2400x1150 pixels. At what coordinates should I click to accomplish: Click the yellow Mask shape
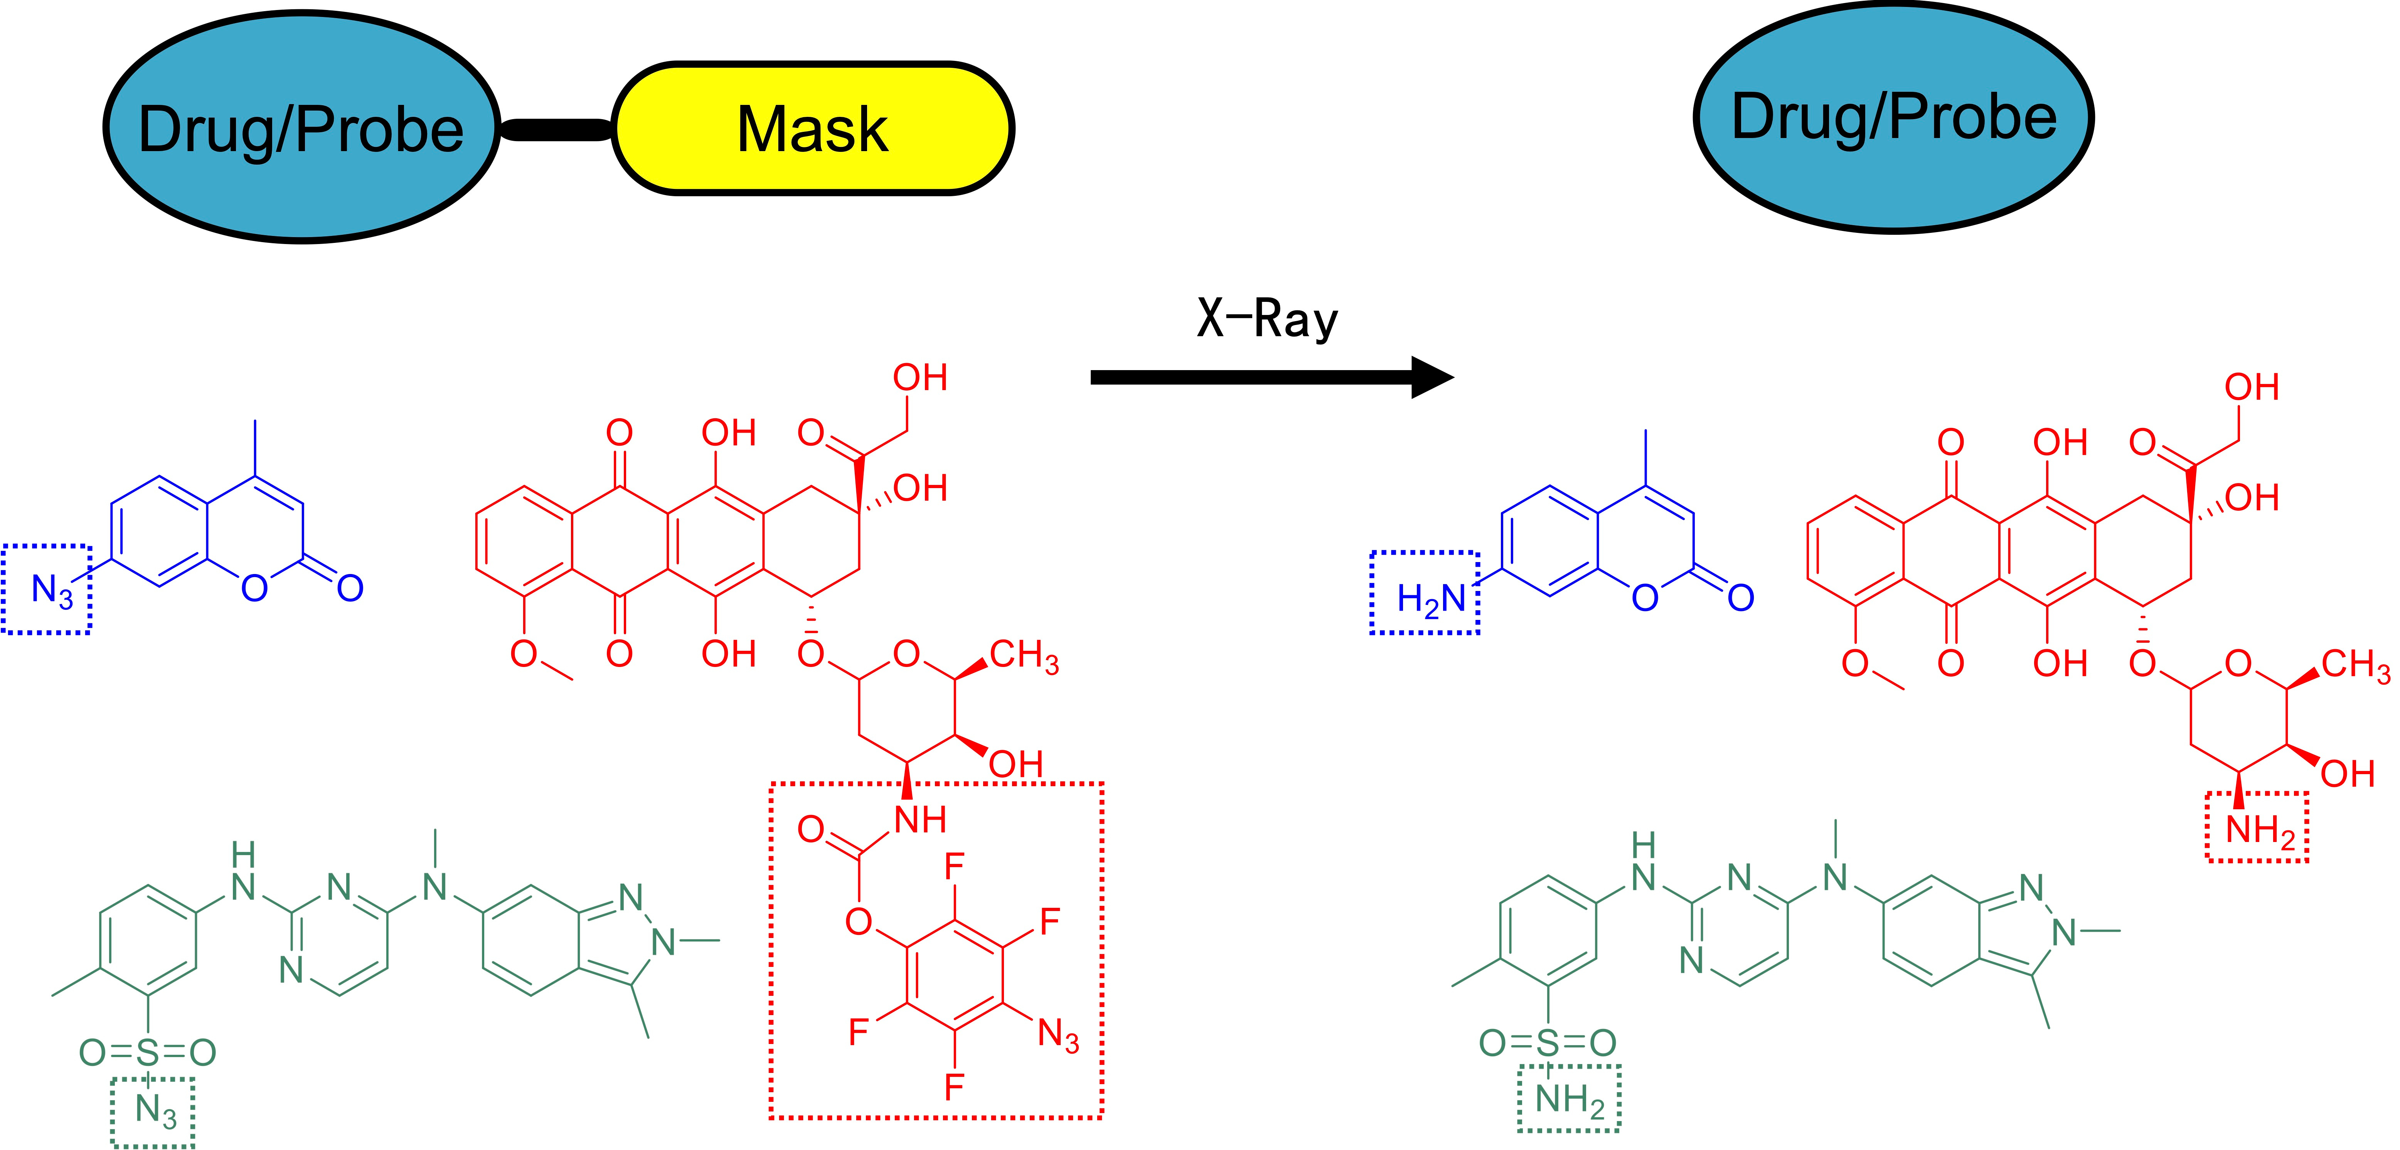click(x=812, y=129)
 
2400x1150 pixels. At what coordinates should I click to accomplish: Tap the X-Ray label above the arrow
click(x=1267, y=320)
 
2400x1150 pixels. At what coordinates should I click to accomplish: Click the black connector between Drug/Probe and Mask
click(x=556, y=130)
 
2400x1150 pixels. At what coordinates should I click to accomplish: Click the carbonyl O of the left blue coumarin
click(x=350, y=588)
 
